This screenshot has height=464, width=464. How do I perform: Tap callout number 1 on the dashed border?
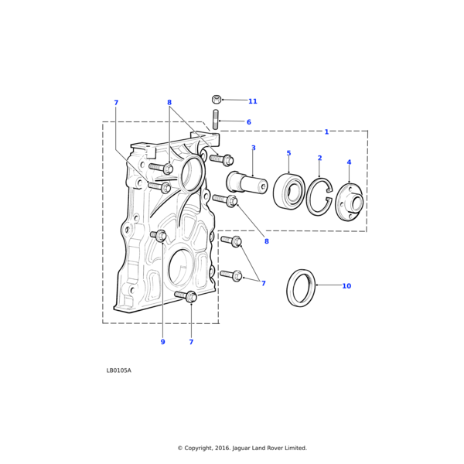326,131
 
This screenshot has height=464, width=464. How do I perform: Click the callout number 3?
253,148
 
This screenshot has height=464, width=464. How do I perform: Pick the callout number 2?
319,158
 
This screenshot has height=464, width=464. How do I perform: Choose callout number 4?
349,162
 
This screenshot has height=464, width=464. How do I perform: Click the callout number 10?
346,286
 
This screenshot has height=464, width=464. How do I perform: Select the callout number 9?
162,342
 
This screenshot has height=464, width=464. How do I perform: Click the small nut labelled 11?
217,99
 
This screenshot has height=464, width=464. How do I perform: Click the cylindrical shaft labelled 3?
245,184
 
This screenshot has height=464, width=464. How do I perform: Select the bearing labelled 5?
289,192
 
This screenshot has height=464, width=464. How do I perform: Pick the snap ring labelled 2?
319,197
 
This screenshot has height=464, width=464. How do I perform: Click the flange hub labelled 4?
350,203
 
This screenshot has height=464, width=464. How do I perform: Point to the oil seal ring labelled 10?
301,288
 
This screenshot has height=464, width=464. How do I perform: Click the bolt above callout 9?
159,235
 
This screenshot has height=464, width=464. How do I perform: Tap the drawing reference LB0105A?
119,370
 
